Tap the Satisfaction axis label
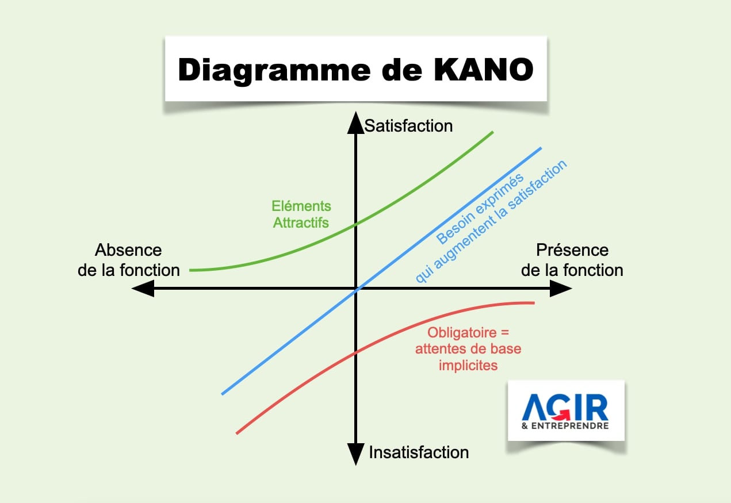409,126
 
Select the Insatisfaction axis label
419,452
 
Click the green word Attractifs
301,222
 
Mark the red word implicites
468,364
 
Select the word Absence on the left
128,251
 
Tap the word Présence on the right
572,251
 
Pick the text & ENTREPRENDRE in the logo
565,426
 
